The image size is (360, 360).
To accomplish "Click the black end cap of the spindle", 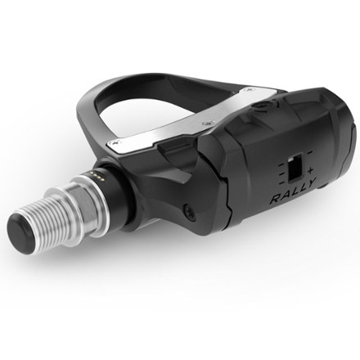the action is point(23,234).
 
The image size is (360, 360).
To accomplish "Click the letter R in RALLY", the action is point(277,199).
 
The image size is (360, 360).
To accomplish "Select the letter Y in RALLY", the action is point(310,182).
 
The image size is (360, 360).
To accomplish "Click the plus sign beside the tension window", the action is point(310,171).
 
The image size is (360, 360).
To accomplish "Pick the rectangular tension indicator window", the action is point(295,167).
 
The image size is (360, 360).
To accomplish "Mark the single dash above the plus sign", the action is point(309,152).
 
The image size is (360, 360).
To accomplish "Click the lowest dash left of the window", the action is point(282,182).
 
